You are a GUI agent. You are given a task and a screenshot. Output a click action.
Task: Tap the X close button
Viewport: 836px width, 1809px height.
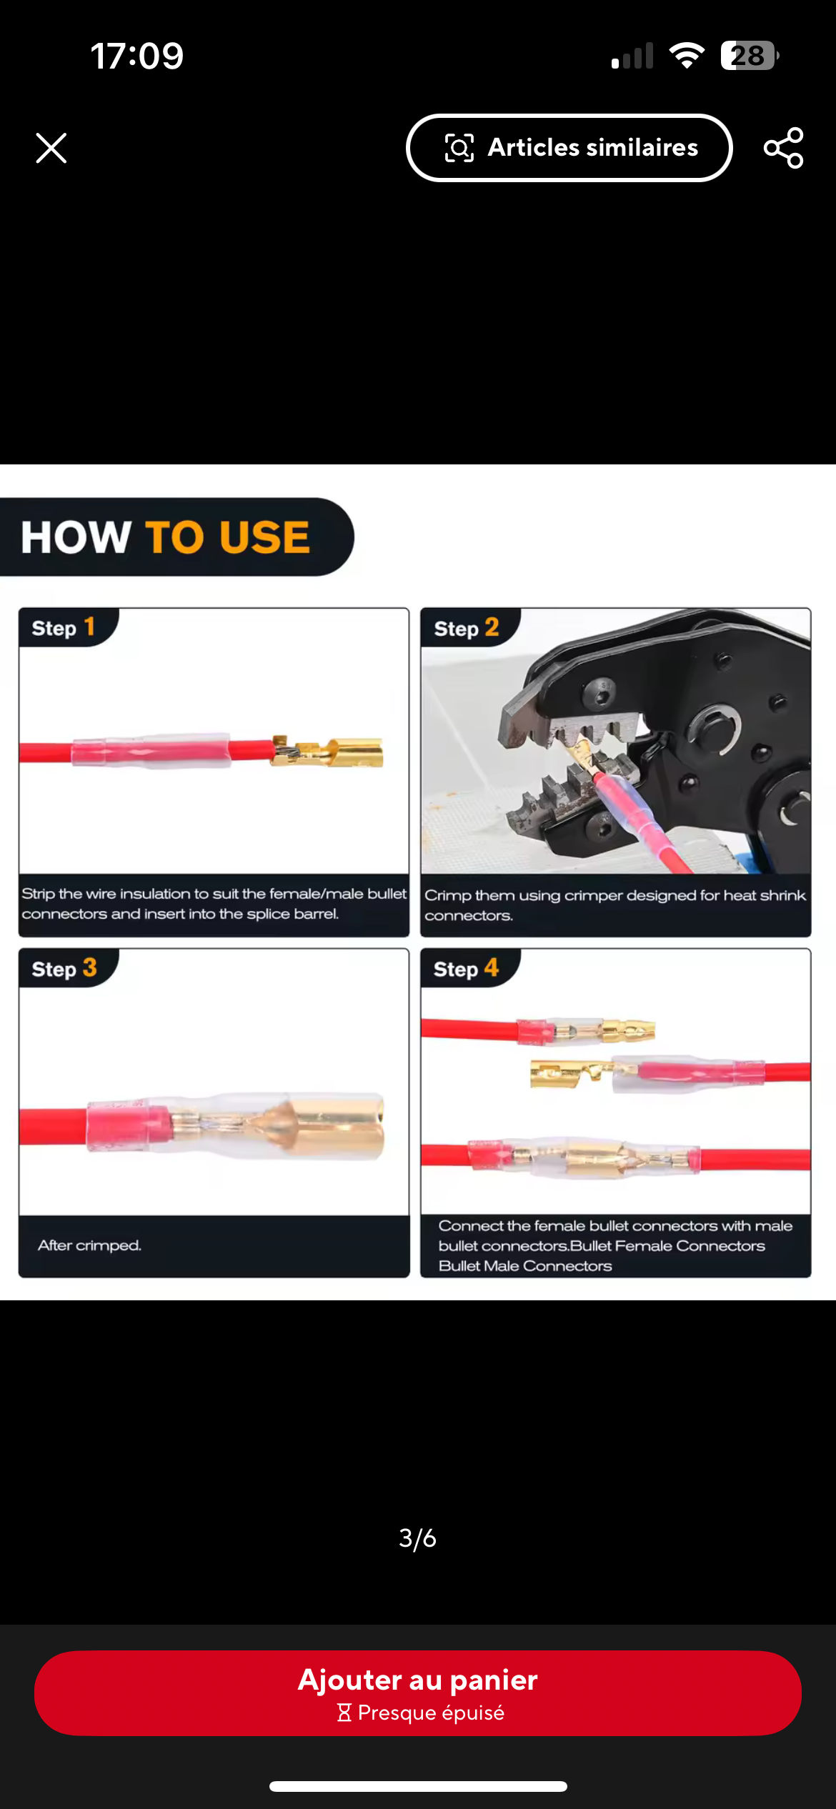(x=51, y=148)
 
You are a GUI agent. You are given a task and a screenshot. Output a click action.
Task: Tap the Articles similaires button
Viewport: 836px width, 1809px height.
(x=569, y=148)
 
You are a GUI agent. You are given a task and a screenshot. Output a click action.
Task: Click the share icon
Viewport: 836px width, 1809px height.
(x=784, y=148)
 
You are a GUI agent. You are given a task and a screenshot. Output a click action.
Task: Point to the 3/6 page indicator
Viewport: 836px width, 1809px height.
(x=417, y=1538)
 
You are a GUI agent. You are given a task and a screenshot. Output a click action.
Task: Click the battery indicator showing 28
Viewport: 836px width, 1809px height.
(x=750, y=56)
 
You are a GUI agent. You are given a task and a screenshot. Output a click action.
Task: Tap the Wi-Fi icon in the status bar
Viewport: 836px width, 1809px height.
(x=687, y=55)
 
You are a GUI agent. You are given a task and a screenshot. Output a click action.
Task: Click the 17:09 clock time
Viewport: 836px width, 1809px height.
(x=137, y=56)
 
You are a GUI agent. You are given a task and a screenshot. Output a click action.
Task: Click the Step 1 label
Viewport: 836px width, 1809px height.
(x=63, y=627)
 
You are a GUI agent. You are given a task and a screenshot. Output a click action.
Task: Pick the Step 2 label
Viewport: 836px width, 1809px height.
(x=466, y=628)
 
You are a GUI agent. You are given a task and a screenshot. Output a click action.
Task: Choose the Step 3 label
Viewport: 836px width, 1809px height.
(x=64, y=968)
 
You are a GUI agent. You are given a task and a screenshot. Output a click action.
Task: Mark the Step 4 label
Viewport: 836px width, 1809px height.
(x=466, y=968)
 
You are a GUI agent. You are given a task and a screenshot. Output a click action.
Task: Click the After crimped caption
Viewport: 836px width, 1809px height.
(x=89, y=1245)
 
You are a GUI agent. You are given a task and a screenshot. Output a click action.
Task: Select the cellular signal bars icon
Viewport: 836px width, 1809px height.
(x=632, y=56)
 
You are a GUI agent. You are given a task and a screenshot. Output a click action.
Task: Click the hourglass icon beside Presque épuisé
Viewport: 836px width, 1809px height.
(x=344, y=1713)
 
